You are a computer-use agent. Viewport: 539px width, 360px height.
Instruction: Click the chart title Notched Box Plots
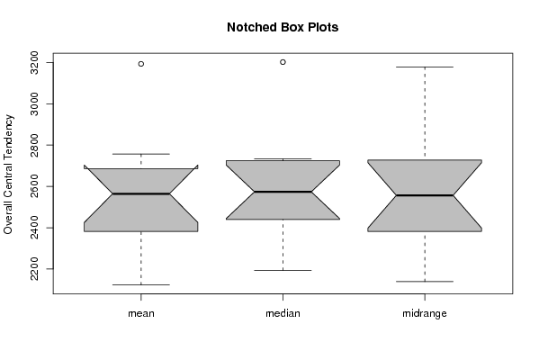(x=283, y=27)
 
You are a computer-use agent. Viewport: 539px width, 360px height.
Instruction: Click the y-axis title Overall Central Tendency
(x=8, y=175)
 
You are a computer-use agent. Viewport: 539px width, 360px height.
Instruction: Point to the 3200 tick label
(x=34, y=63)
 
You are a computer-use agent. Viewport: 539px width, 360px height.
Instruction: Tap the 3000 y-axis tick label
(x=34, y=103)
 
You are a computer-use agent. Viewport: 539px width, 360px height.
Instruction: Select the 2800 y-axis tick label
(x=34, y=145)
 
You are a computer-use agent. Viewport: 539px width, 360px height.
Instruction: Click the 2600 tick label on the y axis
(x=34, y=186)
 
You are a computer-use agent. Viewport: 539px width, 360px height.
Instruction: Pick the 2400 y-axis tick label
(x=34, y=228)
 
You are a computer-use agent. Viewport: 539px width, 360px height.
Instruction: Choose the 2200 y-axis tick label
(x=34, y=269)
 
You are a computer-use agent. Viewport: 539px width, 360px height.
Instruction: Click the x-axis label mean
(x=141, y=313)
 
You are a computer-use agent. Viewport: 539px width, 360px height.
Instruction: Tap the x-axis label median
(x=283, y=313)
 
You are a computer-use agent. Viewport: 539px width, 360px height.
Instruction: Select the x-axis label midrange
(x=425, y=313)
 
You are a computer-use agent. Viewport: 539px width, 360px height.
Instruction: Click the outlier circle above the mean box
(x=141, y=64)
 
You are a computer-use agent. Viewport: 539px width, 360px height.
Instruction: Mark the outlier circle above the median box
(x=283, y=62)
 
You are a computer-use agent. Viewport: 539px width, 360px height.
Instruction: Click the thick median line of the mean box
(x=141, y=193)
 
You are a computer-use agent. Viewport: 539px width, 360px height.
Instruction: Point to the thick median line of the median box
(x=283, y=192)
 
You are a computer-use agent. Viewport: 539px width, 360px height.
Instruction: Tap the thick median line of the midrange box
(x=425, y=195)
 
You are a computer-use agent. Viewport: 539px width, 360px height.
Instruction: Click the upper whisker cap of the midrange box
(x=425, y=67)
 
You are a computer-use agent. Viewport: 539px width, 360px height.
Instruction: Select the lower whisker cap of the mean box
(x=141, y=284)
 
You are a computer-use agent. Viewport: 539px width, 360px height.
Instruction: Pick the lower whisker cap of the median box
(x=283, y=270)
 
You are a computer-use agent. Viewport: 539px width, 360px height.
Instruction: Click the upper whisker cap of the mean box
(x=141, y=154)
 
